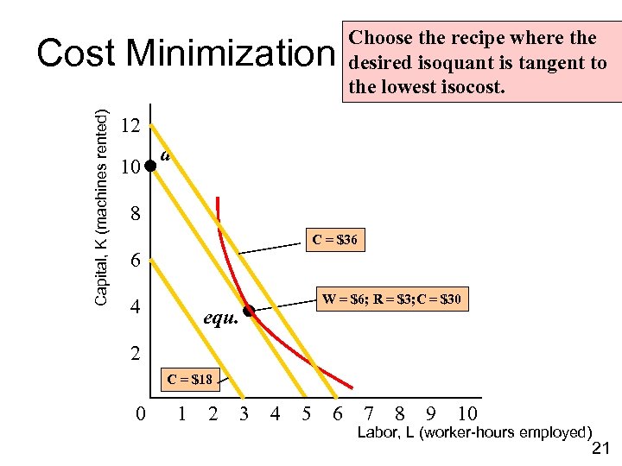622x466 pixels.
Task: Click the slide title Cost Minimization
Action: [182, 54]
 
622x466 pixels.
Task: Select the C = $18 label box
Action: [190, 379]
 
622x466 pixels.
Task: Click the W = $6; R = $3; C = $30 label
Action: [391, 300]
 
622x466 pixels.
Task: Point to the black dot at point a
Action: [149, 164]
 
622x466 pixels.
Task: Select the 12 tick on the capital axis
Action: [130, 126]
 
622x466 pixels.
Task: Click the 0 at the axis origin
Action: [142, 414]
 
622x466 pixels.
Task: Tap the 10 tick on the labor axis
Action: [466, 414]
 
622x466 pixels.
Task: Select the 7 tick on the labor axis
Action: [370, 414]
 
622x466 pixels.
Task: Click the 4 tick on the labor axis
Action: [275, 414]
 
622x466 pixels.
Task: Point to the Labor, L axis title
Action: [474, 432]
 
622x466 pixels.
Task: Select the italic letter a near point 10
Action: [166, 156]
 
